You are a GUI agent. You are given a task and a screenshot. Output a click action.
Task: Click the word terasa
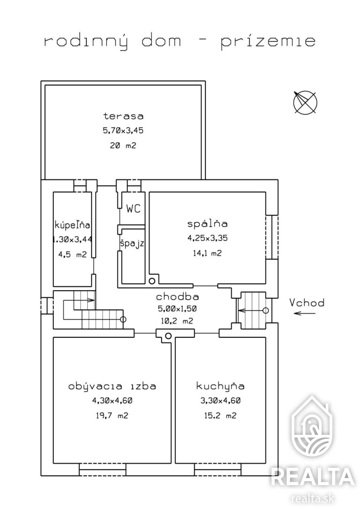[x=123, y=116]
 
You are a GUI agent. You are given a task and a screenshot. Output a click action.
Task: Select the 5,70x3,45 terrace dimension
[x=123, y=130]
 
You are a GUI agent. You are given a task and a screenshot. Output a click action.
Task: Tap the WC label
[x=134, y=209]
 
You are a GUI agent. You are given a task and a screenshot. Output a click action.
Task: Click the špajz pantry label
[x=132, y=243]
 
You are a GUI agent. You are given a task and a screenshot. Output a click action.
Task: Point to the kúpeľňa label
[x=72, y=225]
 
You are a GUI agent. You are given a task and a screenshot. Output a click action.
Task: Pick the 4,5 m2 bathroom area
[x=72, y=254]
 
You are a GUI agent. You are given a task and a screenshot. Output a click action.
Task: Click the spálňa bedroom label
[x=208, y=224]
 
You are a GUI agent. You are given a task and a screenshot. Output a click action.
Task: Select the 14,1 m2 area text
[x=207, y=253]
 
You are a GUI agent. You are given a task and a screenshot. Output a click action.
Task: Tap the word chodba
[x=177, y=297]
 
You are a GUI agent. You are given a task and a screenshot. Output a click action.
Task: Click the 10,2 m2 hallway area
[x=177, y=321]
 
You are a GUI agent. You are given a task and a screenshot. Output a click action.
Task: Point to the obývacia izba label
[x=112, y=386]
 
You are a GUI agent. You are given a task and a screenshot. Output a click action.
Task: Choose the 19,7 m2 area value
[x=112, y=415]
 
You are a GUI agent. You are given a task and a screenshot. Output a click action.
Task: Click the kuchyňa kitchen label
[x=220, y=386]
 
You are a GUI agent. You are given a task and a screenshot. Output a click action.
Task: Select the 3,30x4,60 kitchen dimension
[x=220, y=401]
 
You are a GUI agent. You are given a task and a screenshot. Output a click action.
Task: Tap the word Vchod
[x=307, y=303]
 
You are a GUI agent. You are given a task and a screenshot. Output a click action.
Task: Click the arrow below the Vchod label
[x=304, y=313]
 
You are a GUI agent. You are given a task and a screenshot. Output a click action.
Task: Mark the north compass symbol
[x=305, y=102]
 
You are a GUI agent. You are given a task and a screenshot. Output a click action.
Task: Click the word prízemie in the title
[x=268, y=42]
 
